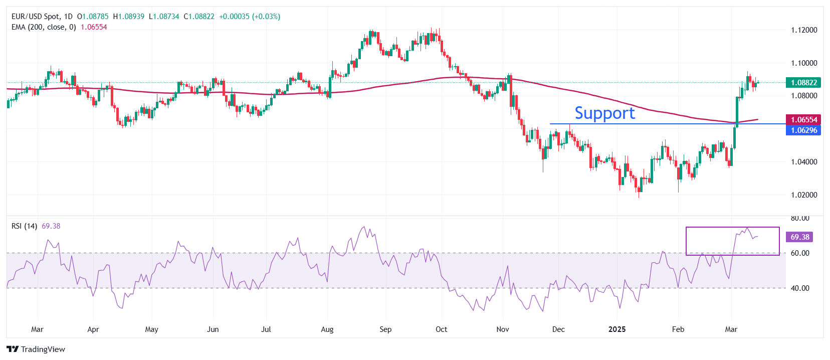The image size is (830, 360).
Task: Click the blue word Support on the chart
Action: tap(604, 113)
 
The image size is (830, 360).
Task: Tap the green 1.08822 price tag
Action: tap(803, 83)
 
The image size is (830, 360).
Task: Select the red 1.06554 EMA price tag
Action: tap(803, 120)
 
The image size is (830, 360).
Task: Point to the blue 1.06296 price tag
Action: tap(803, 130)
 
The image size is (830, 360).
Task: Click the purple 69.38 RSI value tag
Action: tap(799, 237)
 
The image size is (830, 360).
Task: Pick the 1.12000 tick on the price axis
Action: tap(804, 30)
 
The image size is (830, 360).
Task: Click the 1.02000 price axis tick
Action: tap(804, 195)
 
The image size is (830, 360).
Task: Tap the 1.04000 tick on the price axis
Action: tap(804, 162)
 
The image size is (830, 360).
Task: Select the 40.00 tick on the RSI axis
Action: tap(800, 288)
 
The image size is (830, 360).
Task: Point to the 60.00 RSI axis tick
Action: tap(800, 253)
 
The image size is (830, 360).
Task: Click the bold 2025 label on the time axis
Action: tap(617, 329)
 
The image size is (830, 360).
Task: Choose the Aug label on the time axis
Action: tap(327, 329)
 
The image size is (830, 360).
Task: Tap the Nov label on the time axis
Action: tap(502, 329)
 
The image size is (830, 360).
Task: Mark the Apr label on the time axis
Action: tap(93, 329)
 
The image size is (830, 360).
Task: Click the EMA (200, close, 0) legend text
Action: tap(44, 27)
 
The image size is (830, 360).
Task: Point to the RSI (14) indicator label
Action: tap(24, 226)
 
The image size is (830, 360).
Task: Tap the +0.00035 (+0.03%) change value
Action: tap(249, 17)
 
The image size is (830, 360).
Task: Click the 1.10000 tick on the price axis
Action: tap(804, 63)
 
